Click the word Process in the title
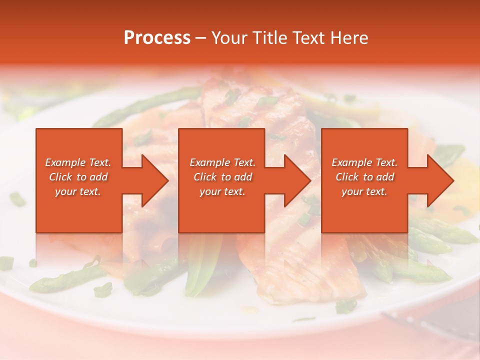157,38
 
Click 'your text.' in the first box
78,191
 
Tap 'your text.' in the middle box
222,191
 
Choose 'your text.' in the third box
364,191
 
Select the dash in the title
200,38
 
